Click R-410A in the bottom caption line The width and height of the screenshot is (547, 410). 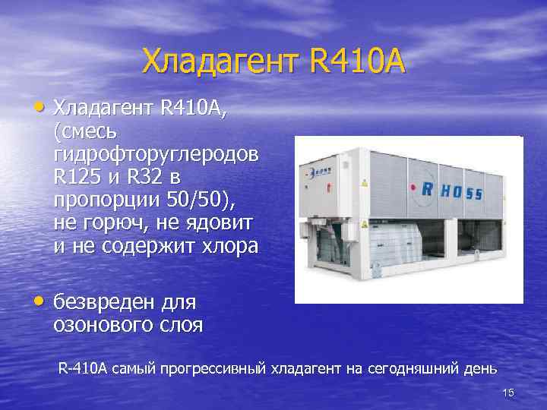(x=83, y=369)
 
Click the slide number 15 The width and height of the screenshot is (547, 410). (x=508, y=392)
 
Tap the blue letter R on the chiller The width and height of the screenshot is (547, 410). (x=430, y=191)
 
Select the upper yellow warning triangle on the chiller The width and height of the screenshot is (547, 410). (x=365, y=184)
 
